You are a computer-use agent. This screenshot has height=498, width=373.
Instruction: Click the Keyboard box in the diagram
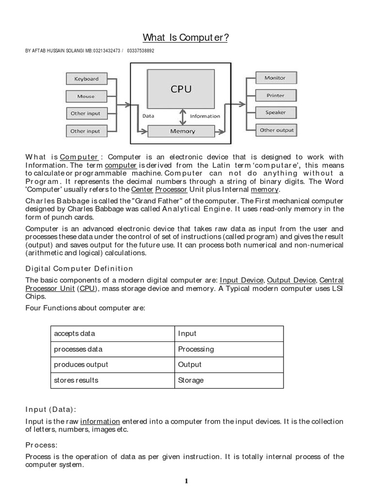click(86, 79)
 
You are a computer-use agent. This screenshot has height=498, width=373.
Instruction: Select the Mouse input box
click(86, 96)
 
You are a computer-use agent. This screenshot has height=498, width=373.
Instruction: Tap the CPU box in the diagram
click(181, 89)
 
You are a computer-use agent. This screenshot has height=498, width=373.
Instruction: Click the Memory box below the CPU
click(182, 131)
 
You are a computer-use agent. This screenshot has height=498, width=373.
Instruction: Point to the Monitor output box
click(275, 78)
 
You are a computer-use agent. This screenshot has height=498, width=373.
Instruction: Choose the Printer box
click(275, 96)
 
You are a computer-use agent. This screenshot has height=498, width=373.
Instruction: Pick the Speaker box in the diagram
click(275, 113)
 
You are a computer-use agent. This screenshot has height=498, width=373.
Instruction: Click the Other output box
click(276, 130)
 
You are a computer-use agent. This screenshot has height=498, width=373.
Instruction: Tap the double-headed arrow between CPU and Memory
click(183, 116)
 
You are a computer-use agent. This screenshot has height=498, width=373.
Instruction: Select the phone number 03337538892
click(140, 51)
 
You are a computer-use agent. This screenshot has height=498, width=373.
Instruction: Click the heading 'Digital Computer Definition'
click(79, 268)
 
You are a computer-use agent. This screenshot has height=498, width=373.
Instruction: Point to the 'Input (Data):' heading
click(51, 409)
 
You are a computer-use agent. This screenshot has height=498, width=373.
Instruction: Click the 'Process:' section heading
click(41, 445)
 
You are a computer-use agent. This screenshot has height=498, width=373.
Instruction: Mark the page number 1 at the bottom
click(186, 481)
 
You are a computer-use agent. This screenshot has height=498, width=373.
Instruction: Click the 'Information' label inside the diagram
click(204, 116)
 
